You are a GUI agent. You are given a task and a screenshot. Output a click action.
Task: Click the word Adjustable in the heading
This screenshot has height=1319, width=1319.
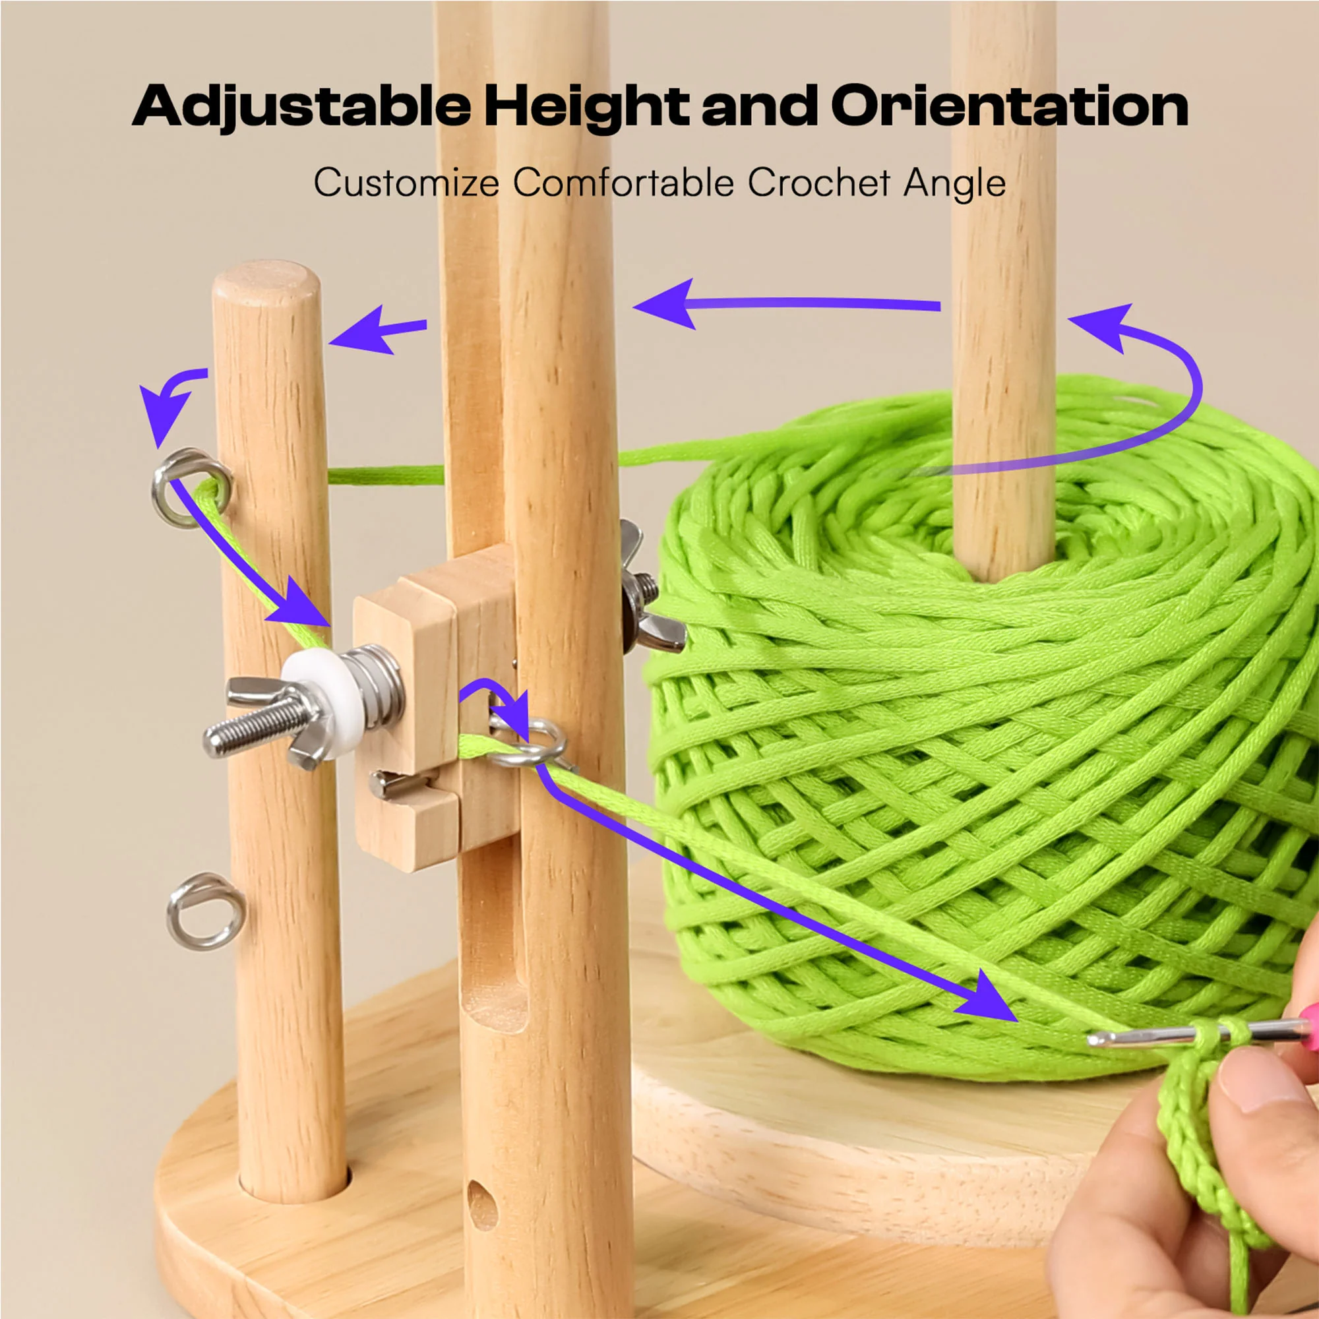300,107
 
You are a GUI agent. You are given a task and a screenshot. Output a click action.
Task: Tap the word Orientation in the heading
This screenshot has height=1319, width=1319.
1009,107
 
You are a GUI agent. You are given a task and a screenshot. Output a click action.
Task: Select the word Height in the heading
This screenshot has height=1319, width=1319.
586,107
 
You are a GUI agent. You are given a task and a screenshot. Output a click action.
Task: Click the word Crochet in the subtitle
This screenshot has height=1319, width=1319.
818,183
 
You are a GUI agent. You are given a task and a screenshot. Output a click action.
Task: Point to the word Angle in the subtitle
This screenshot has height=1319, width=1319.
954,183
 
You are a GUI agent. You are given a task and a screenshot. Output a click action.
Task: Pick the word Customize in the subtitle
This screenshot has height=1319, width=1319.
406,183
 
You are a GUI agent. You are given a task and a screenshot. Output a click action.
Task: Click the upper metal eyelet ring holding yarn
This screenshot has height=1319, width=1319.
189,487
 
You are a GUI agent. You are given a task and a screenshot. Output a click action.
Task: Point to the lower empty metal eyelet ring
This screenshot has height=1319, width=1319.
205,911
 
